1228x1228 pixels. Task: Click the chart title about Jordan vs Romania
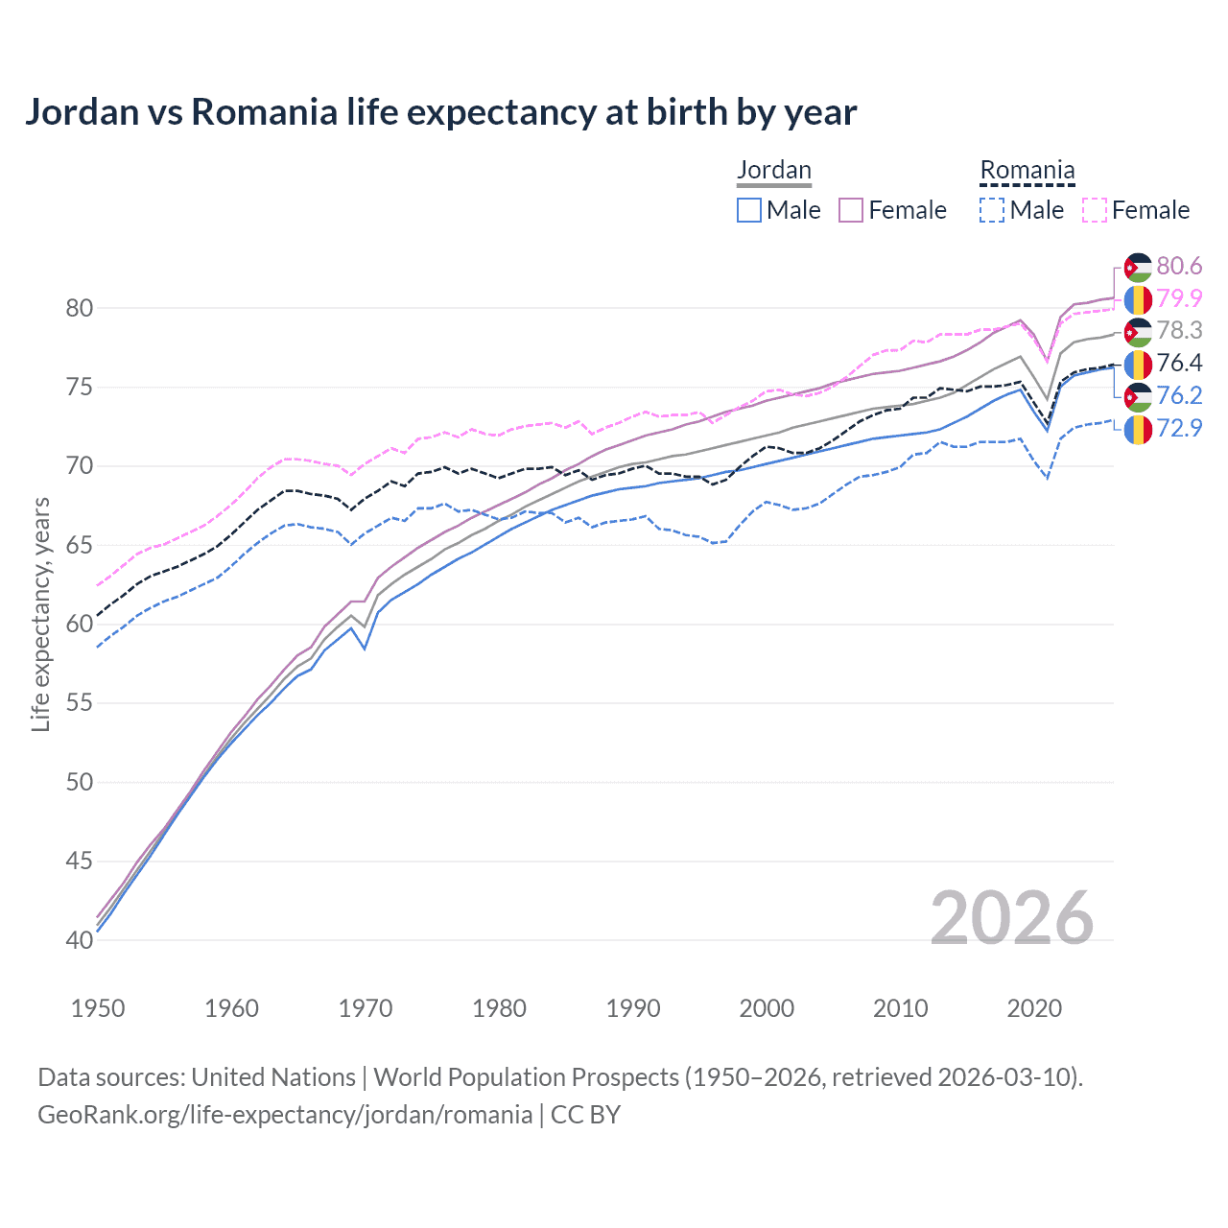click(440, 112)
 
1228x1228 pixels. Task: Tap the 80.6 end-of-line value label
click(1179, 266)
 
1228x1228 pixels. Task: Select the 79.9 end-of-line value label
click(1179, 298)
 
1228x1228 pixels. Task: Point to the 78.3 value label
click(1179, 331)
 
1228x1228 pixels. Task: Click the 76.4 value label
click(1179, 364)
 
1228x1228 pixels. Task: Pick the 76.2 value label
click(1179, 396)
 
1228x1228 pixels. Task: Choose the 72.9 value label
click(1179, 429)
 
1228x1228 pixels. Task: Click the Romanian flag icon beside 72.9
click(1138, 429)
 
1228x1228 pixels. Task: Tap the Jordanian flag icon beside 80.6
click(1138, 266)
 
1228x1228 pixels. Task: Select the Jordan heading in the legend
click(773, 170)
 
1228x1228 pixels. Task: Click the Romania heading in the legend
click(1027, 170)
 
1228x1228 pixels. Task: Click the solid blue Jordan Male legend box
click(749, 210)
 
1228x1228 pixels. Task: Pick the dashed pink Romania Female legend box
click(1095, 210)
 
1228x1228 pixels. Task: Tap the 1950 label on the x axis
click(98, 1008)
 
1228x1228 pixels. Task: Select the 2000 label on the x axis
click(767, 1008)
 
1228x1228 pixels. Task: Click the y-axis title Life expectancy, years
click(40, 614)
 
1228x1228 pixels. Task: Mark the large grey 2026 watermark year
click(1011, 918)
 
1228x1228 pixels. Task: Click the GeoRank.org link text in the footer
click(285, 1115)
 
